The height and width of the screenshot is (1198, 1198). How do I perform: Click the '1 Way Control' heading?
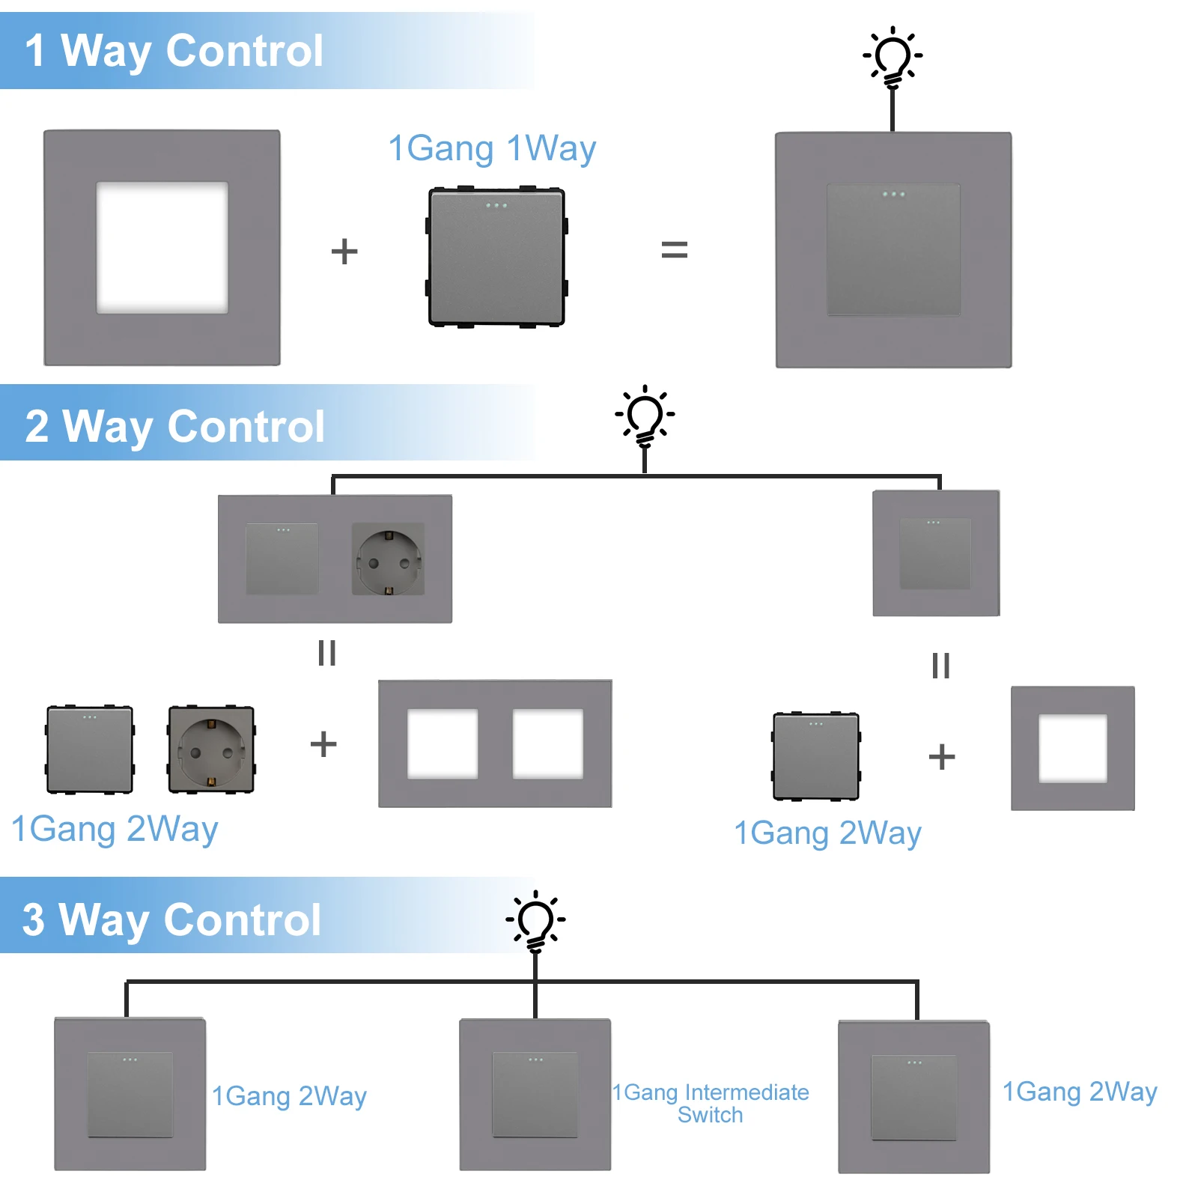174,51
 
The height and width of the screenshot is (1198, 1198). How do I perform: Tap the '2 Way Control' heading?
174,426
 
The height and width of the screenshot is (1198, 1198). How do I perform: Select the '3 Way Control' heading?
171,919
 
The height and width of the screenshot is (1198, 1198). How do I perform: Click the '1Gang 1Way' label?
492,148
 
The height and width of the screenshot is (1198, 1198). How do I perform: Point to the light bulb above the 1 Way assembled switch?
893,57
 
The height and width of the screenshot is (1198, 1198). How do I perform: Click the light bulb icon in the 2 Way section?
645,416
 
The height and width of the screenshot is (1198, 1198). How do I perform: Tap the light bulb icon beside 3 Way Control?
535,921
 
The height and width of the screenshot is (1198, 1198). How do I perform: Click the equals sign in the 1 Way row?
674,249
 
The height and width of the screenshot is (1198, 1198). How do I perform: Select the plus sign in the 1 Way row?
344,251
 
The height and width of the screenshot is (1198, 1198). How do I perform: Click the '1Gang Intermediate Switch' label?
710,1103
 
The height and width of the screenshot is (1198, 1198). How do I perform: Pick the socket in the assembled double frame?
388,559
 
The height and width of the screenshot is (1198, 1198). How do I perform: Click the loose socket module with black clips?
211,749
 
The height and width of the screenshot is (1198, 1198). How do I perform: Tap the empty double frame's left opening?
443,744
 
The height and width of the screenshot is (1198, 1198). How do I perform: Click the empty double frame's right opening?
547,744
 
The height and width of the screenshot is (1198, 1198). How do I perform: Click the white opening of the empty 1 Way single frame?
162,247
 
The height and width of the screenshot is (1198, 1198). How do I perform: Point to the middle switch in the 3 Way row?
535,1095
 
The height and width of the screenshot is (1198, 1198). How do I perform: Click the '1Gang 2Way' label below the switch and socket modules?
115,829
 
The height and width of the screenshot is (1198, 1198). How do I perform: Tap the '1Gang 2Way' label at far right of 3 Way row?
1079,1092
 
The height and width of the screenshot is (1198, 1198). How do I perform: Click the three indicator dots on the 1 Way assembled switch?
893,195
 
